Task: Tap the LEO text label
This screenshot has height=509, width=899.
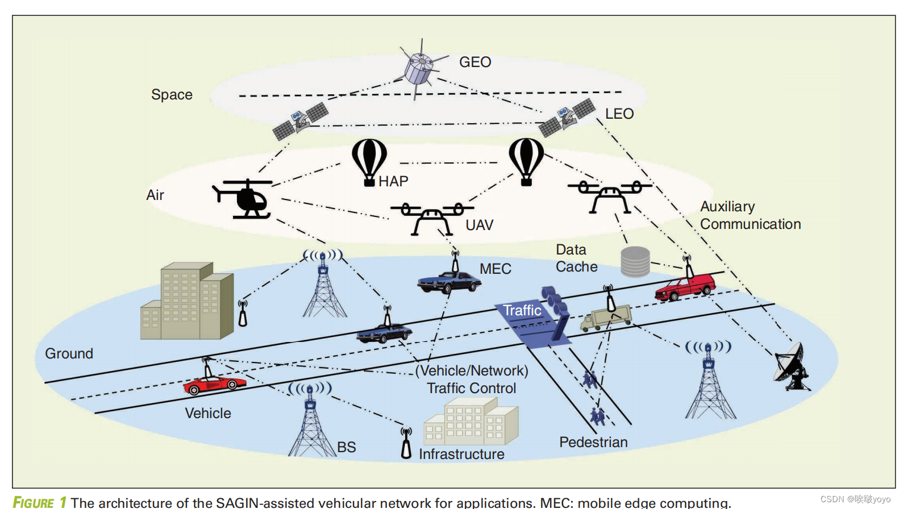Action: pyautogui.click(x=619, y=114)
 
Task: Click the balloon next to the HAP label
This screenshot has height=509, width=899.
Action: pyautogui.click(x=369, y=161)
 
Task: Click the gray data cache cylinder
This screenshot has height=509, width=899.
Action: pyautogui.click(x=635, y=262)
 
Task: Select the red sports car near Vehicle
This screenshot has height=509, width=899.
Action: pyautogui.click(x=214, y=385)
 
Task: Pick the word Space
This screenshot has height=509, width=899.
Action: pyautogui.click(x=172, y=94)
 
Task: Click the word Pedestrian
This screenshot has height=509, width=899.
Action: pyautogui.click(x=593, y=442)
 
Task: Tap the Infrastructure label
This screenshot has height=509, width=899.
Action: pyautogui.click(x=461, y=454)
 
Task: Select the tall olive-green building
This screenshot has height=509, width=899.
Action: pyautogui.click(x=187, y=301)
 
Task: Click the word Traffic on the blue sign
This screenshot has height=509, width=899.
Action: pyautogui.click(x=522, y=310)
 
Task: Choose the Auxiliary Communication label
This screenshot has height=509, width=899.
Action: pyautogui.click(x=750, y=215)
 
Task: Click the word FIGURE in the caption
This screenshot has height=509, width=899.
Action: pyautogui.click(x=34, y=502)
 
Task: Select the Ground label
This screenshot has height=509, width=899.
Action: pyautogui.click(x=69, y=353)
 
